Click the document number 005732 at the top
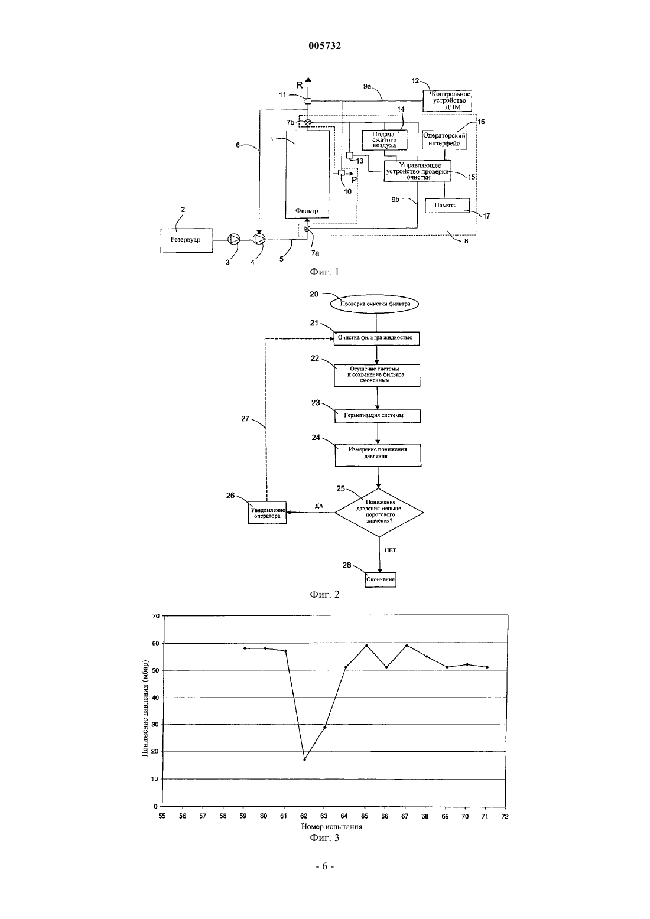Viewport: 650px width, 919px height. (324, 45)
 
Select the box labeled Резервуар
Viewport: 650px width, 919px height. (186, 240)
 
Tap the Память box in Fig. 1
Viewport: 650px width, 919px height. (447, 205)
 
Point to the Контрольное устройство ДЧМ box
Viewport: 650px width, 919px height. (447, 101)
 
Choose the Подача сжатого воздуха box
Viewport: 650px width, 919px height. (385, 140)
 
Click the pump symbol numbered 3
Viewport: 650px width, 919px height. (234, 239)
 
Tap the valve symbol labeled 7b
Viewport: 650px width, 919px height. (308, 122)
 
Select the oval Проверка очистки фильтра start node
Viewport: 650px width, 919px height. (375, 304)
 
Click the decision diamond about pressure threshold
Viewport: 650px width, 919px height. (379, 512)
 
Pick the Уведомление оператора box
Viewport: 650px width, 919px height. (267, 513)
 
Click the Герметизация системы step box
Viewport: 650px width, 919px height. (378, 416)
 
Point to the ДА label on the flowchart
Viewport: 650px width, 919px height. (319, 506)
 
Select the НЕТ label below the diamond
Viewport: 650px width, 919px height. (390, 550)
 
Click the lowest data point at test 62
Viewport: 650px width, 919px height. (304, 760)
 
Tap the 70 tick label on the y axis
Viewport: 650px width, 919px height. (155, 616)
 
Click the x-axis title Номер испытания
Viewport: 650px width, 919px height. (331, 826)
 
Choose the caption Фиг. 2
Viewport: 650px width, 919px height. (324, 595)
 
